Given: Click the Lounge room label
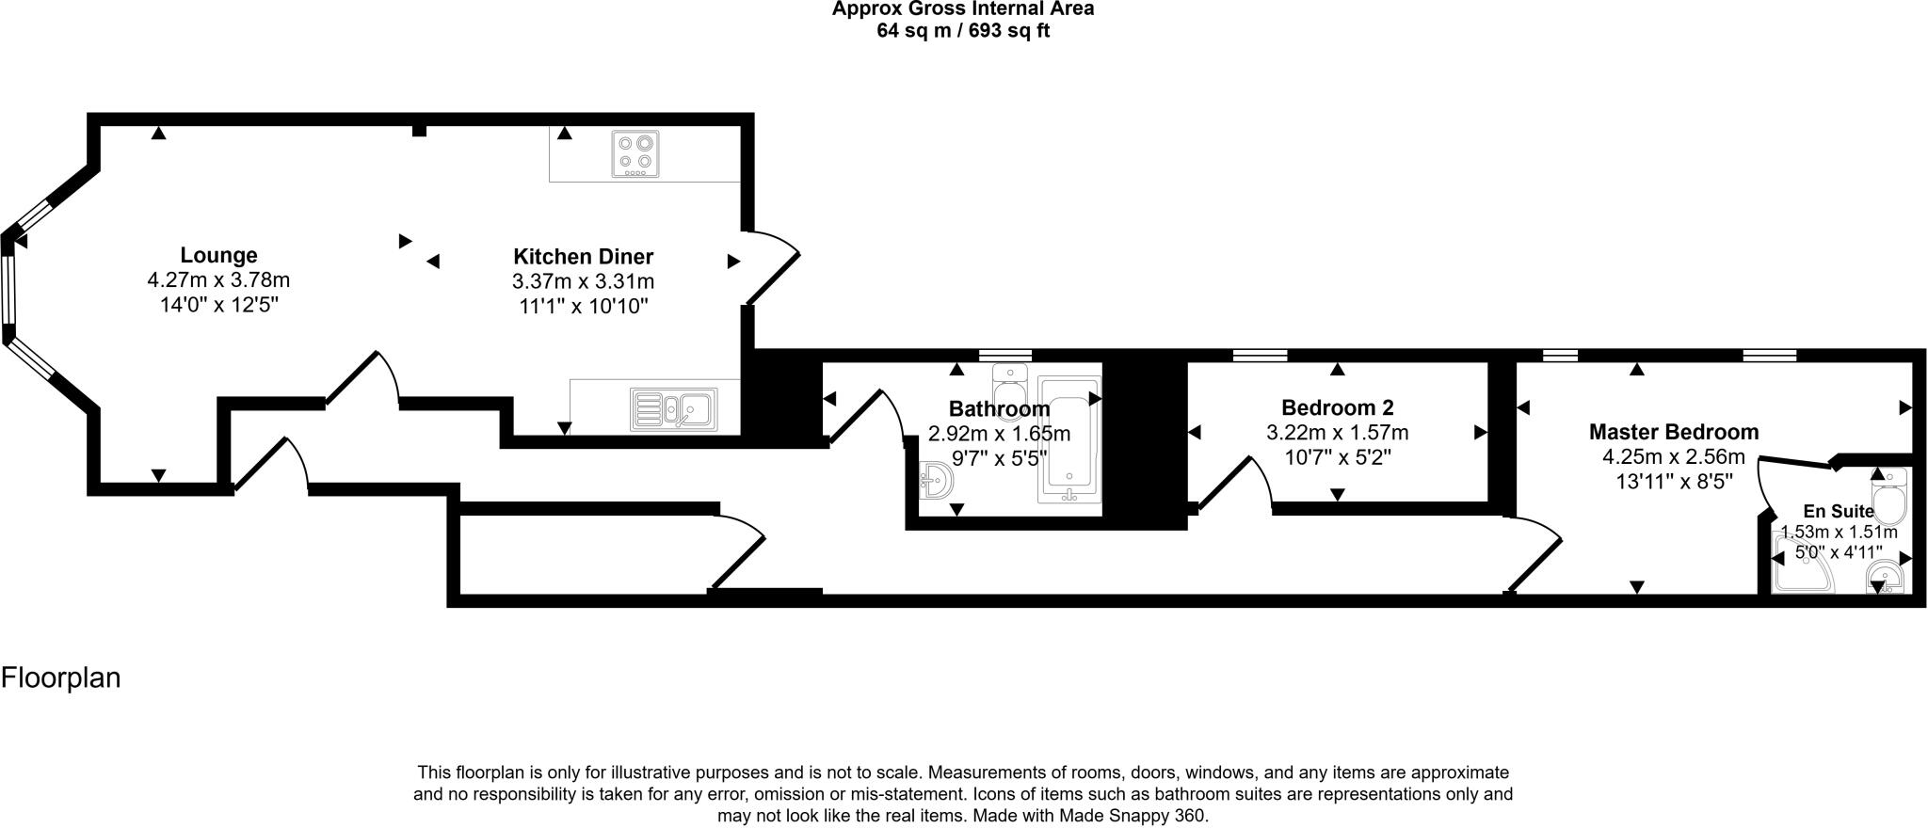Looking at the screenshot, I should tap(218, 255).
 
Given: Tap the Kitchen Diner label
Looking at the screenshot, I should tap(583, 256).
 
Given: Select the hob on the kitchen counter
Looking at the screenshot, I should tap(635, 153).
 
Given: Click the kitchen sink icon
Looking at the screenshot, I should tap(674, 409).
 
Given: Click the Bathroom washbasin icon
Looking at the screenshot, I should tap(937, 482).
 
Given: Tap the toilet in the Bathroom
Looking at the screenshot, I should tap(1010, 386).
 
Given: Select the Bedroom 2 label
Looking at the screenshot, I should tap(1337, 407).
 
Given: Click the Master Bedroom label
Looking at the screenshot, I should tap(1673, 432).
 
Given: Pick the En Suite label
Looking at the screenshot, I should tap(1839, 512).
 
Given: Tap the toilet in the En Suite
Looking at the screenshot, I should tap(1888, 499).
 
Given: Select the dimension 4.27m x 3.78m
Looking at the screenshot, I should tap(218, 280).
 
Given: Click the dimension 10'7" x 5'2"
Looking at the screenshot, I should tap(1337, 457).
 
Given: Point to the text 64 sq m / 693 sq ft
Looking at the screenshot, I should tap(962, 30).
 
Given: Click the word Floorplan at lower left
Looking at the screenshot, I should tap(61, 677).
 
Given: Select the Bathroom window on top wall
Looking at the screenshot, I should tap(1004, 355).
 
